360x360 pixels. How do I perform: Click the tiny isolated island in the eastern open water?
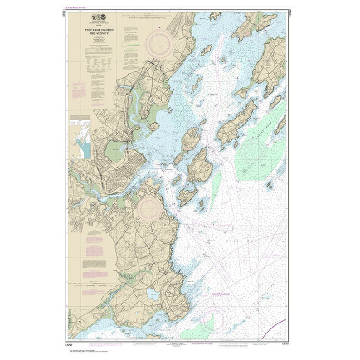(x=270, y=184)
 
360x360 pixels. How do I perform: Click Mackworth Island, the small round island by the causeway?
(x=154, y=126)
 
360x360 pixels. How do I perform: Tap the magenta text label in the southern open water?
(x=223, y=296)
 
